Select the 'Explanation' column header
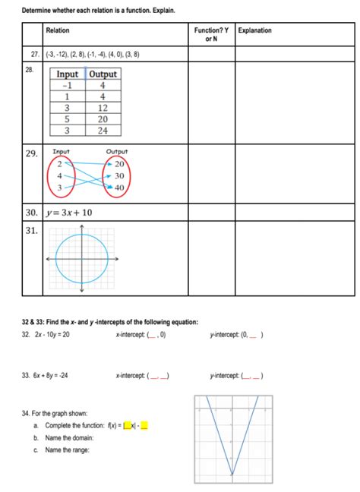click(254, 30)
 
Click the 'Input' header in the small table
click(67, 74)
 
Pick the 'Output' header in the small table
click(103, 74)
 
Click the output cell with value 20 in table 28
click(103, 119)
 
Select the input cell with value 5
click(67, 119)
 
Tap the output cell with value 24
click(103, 131)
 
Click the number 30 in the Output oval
click(118, 175)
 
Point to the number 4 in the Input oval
click(60, 175)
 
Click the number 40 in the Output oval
click(118, 188)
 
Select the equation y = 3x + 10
click(69, 213)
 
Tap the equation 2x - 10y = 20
click(52, 334)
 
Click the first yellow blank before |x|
click(127, 425)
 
